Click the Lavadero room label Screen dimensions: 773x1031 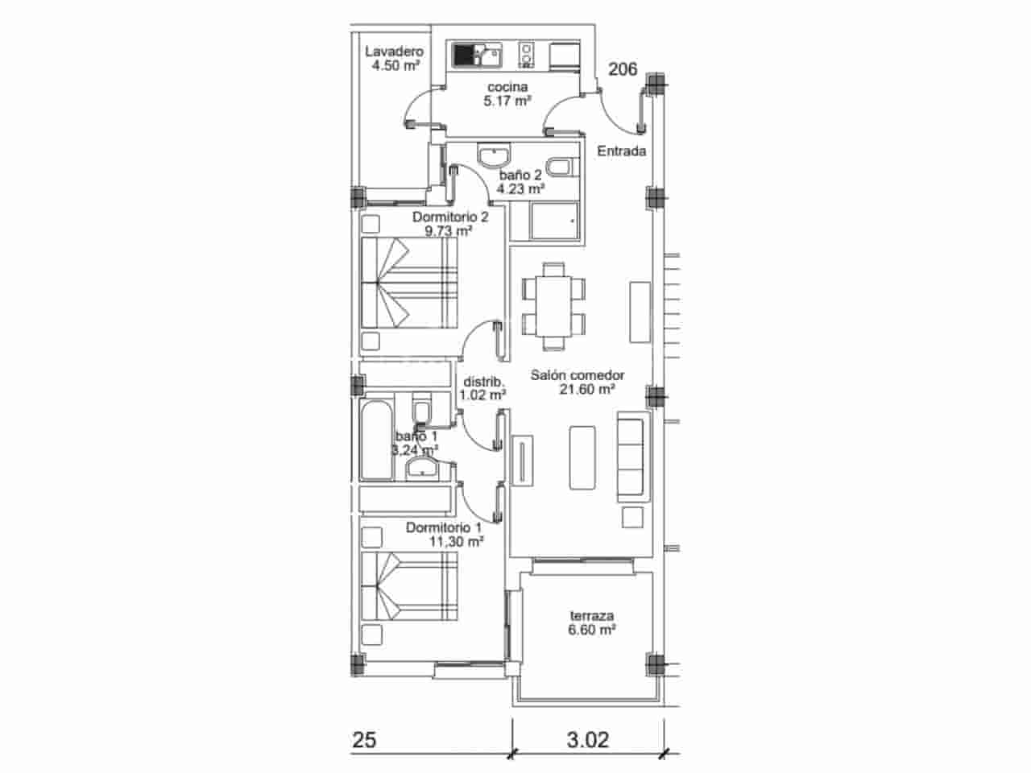[393, 52]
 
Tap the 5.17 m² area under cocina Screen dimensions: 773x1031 [507, 101]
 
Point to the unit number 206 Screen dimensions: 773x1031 [623, 70]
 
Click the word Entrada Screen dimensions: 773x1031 [621, 151]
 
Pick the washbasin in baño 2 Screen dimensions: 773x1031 [492, 155]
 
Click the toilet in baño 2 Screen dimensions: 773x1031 [558, 167]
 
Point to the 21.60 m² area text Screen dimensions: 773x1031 [587, 390]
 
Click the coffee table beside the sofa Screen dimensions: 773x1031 [581, 457]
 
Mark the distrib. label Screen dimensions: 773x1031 [482, 382]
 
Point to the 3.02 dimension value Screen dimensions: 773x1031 [587, 739]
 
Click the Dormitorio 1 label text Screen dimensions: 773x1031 [444, 527]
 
